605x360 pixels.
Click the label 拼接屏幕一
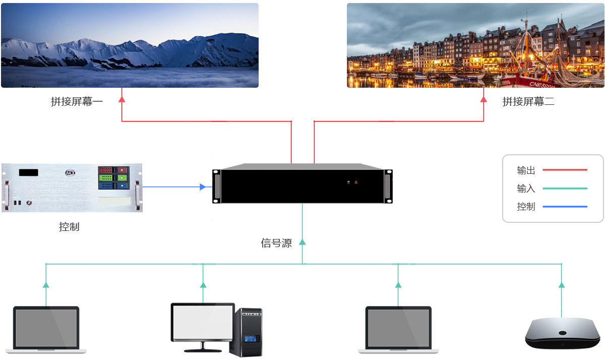77,102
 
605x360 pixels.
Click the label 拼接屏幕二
528,102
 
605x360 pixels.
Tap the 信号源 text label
276,243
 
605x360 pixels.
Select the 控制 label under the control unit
69,227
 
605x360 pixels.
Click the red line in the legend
565,170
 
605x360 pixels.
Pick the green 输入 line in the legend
565,189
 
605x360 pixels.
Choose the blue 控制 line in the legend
565,207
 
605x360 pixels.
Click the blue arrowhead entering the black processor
203,187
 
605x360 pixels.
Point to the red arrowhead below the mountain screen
122,99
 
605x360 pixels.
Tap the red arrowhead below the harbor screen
483,99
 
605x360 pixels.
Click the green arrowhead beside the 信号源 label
302,242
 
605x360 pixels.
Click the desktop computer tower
246,332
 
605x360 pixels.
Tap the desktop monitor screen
203,322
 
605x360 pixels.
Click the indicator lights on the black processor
352,182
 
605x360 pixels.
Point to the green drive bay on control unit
112,177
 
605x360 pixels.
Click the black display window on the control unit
29,172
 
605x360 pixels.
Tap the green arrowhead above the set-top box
562,285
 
